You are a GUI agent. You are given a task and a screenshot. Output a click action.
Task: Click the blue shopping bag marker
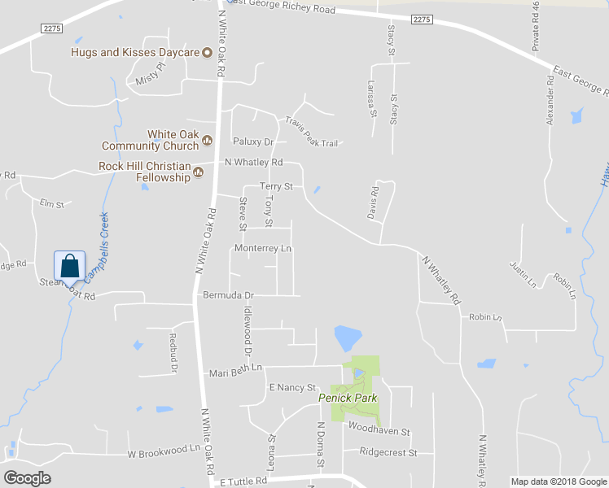click(x=70, y=266)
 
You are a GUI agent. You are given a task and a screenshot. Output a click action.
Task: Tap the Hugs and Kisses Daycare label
click(x=134, y=54)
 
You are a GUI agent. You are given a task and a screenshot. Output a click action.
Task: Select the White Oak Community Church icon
click(x=207, y=140)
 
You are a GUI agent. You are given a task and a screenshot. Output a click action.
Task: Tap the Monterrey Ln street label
click(x=262, y=248)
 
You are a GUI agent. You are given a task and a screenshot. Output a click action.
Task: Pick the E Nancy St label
click(x=291, y=388)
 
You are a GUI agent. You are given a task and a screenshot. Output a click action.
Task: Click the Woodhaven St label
click(x=379, y=428)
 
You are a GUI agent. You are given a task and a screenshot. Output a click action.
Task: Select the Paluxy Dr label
click(x=252, y=142)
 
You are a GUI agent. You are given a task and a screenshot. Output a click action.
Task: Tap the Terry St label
click(x=276, y=186)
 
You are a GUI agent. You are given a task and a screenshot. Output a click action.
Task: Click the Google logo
click(x=27, y=478)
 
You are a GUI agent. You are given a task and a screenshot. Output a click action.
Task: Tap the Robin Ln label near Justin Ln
click(x=563, y=285)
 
